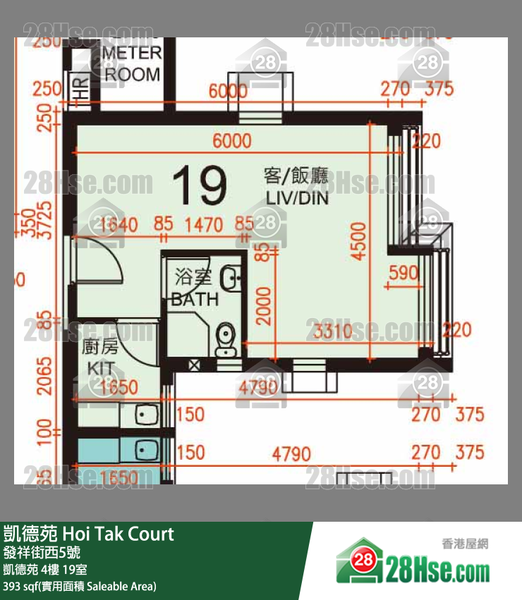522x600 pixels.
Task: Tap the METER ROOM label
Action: point(133,63)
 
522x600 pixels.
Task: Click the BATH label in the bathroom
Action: point(195,289)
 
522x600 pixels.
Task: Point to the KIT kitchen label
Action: point(99,358)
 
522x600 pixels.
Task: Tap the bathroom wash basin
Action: point(231,278)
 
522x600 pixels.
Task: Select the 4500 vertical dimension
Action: point(359,241)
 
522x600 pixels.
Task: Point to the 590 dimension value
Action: point(403,273)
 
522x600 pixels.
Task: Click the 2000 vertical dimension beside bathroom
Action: point(263,305)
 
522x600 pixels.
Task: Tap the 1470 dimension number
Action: point(204,226)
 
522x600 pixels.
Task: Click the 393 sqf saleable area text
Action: point(80,586)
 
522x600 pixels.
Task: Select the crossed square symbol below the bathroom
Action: point(195,365)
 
